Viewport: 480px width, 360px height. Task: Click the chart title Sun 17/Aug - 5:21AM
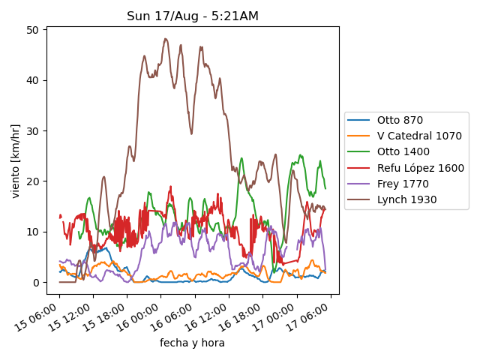(193, 16)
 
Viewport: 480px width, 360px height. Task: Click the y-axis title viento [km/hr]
(16, 161)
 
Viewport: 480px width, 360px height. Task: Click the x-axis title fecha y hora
(192, 343)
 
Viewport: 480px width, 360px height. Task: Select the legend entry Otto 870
(400, 120)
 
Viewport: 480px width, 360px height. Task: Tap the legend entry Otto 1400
(403, 152)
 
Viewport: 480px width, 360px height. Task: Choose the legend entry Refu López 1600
(420, 168)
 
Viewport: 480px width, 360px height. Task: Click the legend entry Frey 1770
(400, 184)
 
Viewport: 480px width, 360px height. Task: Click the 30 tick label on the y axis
(34, 130)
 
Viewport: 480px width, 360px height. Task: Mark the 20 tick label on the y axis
(34, 181)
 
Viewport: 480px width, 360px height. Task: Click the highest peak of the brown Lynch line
(165, 39)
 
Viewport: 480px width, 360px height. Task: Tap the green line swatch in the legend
(361, 152)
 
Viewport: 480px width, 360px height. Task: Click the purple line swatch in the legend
(361, 184)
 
